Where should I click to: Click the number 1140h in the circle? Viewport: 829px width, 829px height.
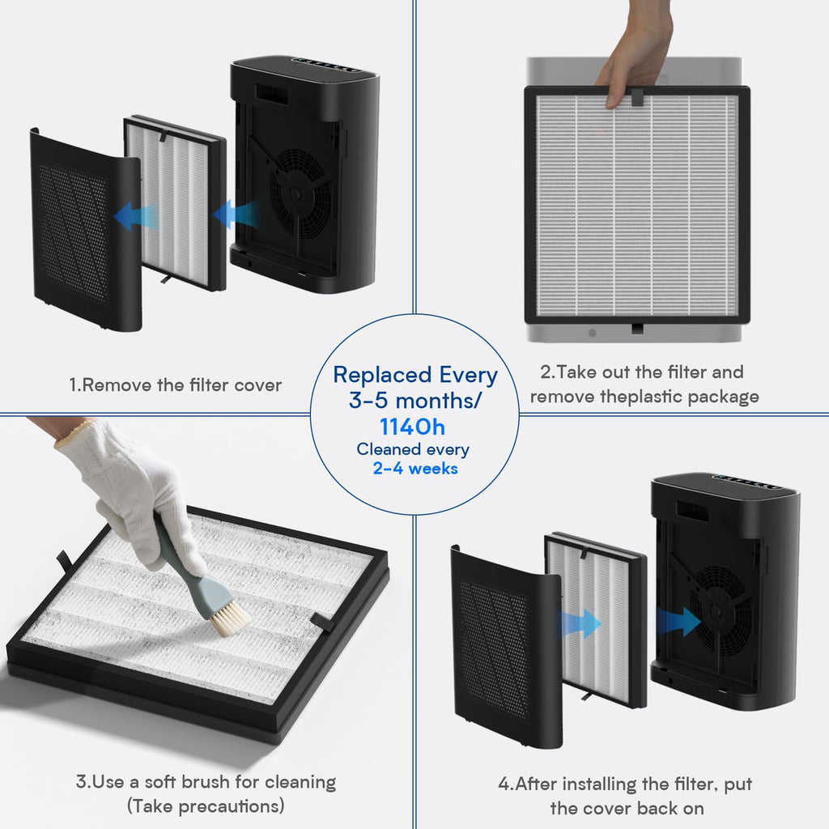412,427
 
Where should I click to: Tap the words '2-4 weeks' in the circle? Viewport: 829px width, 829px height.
414,468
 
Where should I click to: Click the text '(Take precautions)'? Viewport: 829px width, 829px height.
206,806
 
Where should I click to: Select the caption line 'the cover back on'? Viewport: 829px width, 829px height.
627,808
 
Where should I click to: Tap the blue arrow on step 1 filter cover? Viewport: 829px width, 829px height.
135,216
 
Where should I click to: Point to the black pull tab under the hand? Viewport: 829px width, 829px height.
637,97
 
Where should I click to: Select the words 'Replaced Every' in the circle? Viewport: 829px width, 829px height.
415,375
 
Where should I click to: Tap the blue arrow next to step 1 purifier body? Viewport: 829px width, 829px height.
236,215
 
